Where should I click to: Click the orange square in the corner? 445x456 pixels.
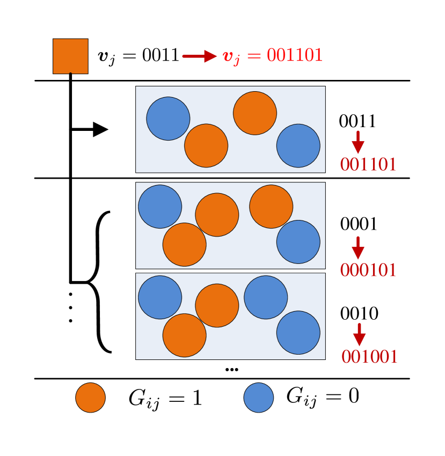click(70, 56)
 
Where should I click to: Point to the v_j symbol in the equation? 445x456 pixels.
click(231, 57)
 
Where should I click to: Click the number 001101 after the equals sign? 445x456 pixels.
click(294, 55)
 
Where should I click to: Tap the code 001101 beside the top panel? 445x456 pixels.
click(368, 165)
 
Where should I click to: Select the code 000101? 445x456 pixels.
click(368, 270)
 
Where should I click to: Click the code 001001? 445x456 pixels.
click(369, 357)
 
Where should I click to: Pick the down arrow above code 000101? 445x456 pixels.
click(358, 248)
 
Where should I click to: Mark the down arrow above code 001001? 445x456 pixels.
click(359, 334)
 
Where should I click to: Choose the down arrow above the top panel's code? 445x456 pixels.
click(358, 142)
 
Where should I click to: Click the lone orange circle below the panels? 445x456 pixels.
click(90, 398)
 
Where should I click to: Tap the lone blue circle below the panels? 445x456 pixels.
click(259, 398)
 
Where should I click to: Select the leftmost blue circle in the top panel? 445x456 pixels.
click(168, 119)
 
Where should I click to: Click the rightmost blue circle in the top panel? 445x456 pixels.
click(298, 145)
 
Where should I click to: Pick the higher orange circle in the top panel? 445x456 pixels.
click(255, 113)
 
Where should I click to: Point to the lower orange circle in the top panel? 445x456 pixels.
click(206, 145)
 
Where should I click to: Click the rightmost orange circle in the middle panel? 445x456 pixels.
click(271, 207)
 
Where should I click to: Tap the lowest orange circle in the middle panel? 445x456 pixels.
click(185, 245)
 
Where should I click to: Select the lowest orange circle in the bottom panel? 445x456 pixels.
click(185, 335)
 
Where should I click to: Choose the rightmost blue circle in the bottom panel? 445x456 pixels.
click(298, 333)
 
